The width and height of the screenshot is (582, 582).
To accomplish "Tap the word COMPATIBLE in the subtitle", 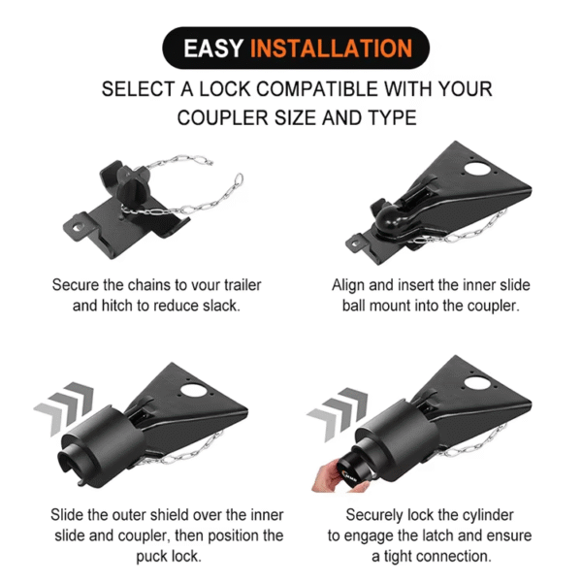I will pos(307,89).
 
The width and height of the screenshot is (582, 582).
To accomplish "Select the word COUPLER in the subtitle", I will pos(224,118).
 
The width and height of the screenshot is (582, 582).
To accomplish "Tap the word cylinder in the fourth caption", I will pos(485,515).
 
